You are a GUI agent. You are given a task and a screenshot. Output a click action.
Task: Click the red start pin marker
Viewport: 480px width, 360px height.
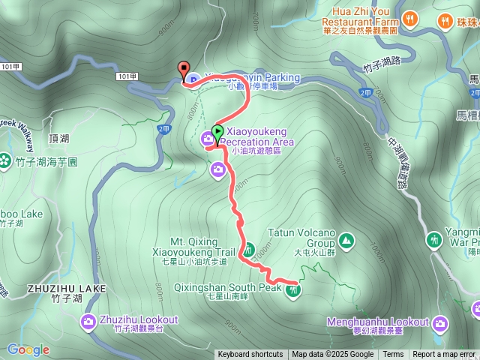183,69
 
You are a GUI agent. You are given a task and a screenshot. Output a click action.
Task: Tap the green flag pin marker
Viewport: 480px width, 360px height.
217,133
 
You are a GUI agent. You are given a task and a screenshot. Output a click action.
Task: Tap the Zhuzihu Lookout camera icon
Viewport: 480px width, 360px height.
89,322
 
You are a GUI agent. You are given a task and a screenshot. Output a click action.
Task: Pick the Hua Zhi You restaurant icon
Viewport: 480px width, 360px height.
409,18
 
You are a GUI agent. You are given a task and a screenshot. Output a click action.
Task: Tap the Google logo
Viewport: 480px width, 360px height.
28,349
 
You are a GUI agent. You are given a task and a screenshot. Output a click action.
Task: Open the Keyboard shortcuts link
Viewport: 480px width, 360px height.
250,355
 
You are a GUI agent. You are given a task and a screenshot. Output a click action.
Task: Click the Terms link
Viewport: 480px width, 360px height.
393,355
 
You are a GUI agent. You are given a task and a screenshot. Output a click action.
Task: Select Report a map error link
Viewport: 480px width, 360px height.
444,355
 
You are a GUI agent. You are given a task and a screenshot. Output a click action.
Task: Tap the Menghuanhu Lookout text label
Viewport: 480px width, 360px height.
376,322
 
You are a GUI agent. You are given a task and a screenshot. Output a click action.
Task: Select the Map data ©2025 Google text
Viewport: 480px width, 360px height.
333,355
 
